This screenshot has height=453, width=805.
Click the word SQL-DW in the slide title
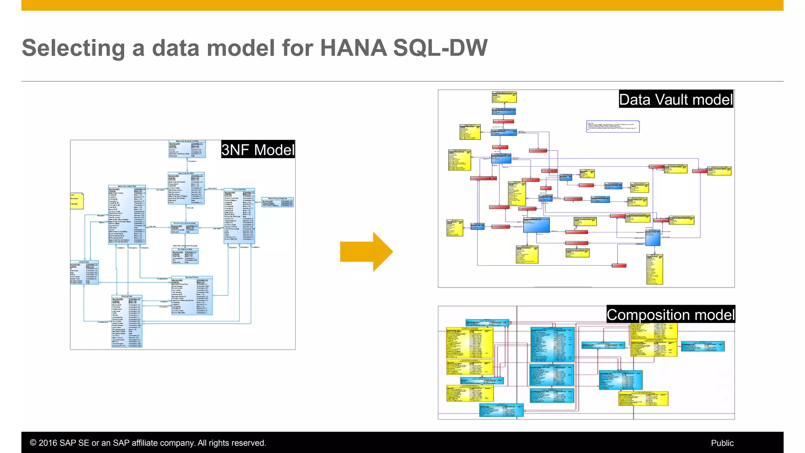tap(440, 48)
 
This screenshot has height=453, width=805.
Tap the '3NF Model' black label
tap(258, 150)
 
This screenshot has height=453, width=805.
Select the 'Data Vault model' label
tap(676, 99)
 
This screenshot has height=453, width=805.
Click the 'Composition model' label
tap(670, 315)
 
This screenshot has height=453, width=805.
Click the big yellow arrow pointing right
tap(366, 252)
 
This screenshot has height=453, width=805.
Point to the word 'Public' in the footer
tap(722, 443)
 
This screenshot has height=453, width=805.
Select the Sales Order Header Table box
tap(127, 215)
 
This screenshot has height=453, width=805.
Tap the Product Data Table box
tap(239, 216)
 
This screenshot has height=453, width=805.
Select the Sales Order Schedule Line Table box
tap(187, 149)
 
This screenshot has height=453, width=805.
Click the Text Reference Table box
tap(185, 256)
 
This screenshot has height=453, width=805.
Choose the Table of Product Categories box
tap(278, 202)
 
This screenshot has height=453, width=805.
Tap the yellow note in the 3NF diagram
tap(77, 201)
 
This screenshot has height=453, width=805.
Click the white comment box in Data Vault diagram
tap(613, 127)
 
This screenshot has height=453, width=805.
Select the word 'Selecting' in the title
tap(73, 48)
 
